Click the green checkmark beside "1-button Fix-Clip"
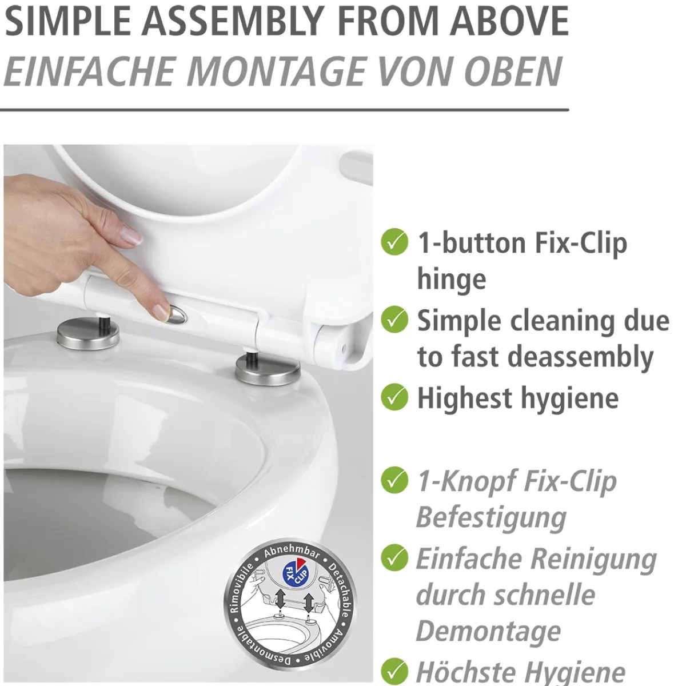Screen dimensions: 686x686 (x=394, y=242)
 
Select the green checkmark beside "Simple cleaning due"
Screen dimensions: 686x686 (x=394, y=320)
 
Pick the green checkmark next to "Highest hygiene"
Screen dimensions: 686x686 (x=394, y=397)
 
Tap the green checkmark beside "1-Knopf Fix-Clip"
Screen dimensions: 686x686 (x=394, y=480)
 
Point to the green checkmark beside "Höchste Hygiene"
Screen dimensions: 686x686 (x=394, y=671)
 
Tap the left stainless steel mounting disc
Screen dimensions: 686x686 (x=88, y=334)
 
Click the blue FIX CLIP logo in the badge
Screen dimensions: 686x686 (x=295, y=573)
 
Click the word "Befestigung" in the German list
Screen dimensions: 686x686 (x=491, y=517)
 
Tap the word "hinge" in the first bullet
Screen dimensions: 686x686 (x=452, y=280)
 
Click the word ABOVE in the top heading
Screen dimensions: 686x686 (x=509, y=22)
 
